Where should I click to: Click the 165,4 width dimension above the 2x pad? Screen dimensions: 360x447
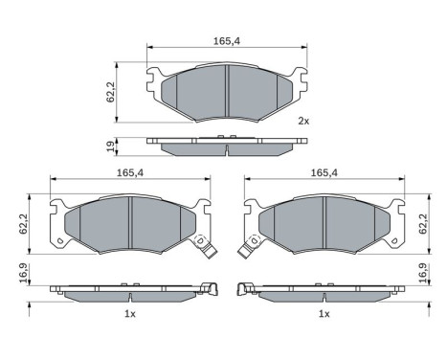(x=226, y=40)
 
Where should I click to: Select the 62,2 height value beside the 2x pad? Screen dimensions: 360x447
(x=110, y=91)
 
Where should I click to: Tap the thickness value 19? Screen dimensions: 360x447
(x=110, y=145)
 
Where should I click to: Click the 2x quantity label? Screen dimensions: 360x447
(x=303, y=121)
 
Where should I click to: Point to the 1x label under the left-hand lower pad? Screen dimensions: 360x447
(x=130, y=314)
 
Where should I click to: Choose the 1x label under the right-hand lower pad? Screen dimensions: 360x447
(x=324, y=314)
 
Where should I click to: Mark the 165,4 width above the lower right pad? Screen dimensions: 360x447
(x=324, y=172)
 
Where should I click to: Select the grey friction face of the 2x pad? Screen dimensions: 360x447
(x=226, y=90)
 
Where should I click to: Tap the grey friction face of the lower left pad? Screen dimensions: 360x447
(x=128, y=223)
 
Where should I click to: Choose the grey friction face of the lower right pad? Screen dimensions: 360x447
(x=324, y=223)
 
